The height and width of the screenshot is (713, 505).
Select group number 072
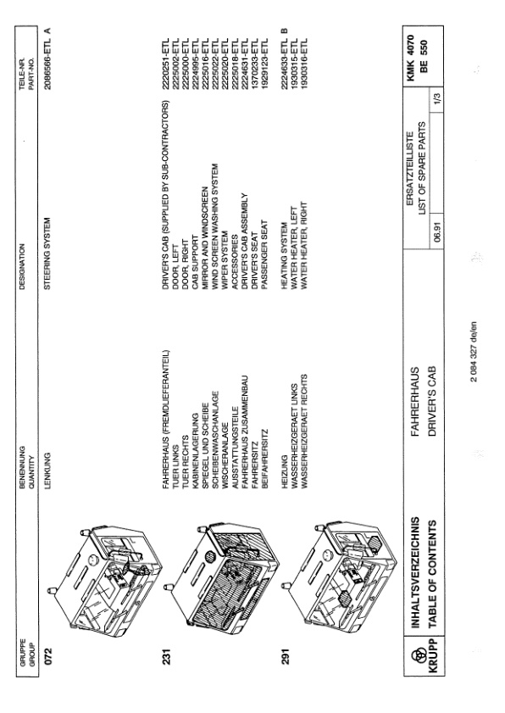tap(49, 655)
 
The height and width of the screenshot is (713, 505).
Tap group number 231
tap(166, 655)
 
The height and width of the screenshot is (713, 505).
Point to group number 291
tap(285, 655)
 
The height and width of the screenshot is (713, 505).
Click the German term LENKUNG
tap(47, 471)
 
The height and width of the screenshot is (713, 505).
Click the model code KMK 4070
tap(410, 58)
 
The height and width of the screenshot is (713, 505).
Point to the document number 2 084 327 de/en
tap(473, 352)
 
